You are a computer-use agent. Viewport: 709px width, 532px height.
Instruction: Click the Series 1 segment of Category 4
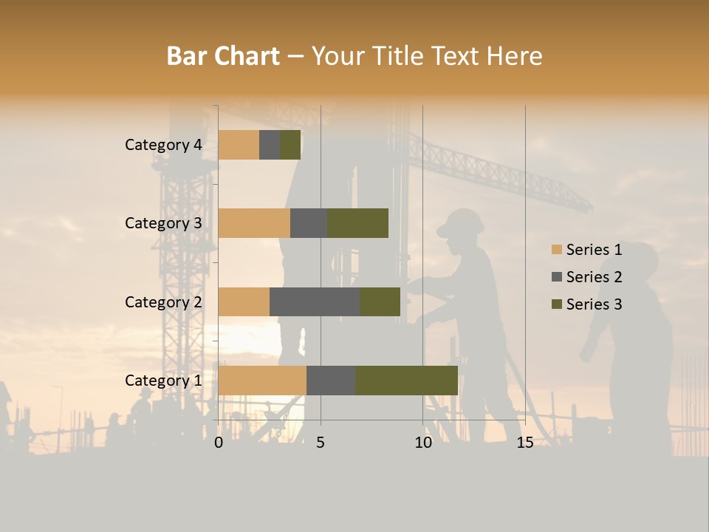(239, 145)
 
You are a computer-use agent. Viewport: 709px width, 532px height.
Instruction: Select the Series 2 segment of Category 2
(315, 301)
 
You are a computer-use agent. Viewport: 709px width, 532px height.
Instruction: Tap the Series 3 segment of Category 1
(406, 380)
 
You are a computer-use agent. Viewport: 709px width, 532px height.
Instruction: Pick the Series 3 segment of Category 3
(357, 223)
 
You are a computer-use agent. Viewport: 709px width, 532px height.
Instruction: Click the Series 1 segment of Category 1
(262, 380)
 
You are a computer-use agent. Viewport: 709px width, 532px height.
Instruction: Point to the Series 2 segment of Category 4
(270, 145)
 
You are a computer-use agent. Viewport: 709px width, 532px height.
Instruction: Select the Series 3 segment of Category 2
(380, 301)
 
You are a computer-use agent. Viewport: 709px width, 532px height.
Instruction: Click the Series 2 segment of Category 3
(309, 223)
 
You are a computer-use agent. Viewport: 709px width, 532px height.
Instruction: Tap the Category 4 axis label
(163, 145)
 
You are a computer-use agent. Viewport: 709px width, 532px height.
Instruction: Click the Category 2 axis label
(163, 301)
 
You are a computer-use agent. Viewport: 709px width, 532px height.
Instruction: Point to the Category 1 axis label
(163, 381)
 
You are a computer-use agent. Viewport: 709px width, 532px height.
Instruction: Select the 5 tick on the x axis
(321, 443)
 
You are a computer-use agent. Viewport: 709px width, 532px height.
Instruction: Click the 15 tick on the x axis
(524, 443)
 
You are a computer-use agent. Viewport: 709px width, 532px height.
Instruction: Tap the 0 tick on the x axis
(219, 443)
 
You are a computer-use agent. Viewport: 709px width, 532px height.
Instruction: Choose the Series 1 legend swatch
(557, 250)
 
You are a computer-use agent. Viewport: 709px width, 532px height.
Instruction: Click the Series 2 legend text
(594, 277)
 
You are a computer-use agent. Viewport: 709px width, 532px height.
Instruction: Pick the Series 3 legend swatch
(557, 304)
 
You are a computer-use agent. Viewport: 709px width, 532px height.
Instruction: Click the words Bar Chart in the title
(223, 56)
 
